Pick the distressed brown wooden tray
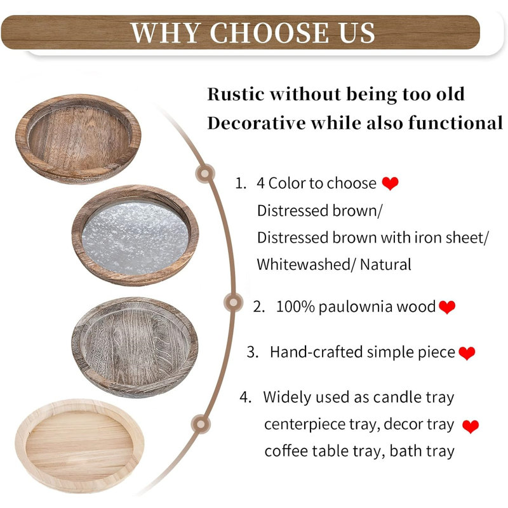[78, 136]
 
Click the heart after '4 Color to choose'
[390, 184]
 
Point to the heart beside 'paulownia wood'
[447, 307]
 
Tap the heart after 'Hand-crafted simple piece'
[467, 353]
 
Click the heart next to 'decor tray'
[471, 427]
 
